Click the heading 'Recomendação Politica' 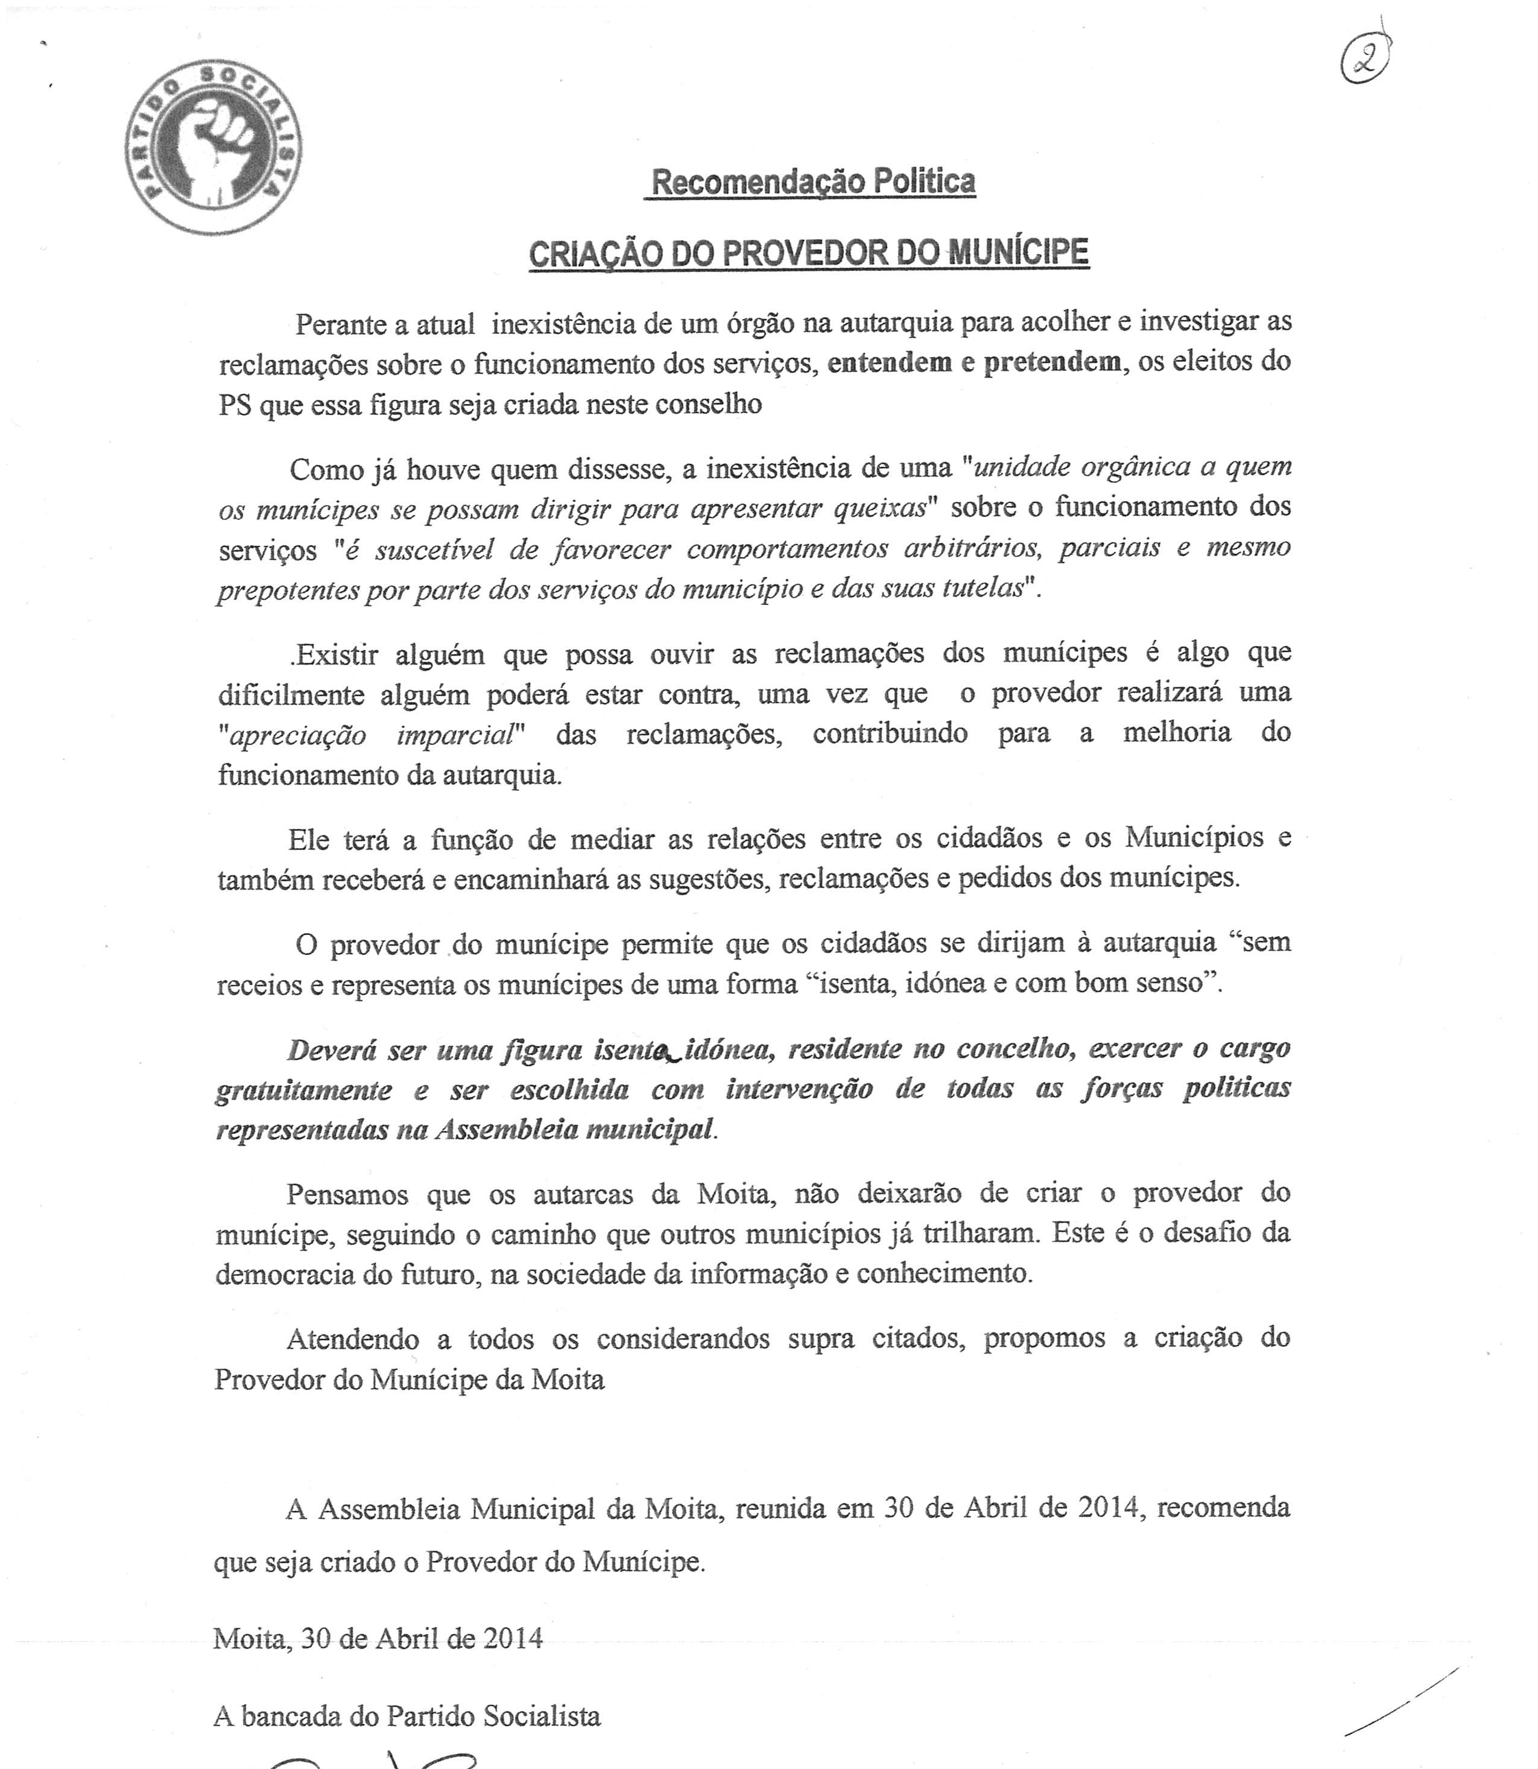[x=812, y=182]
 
